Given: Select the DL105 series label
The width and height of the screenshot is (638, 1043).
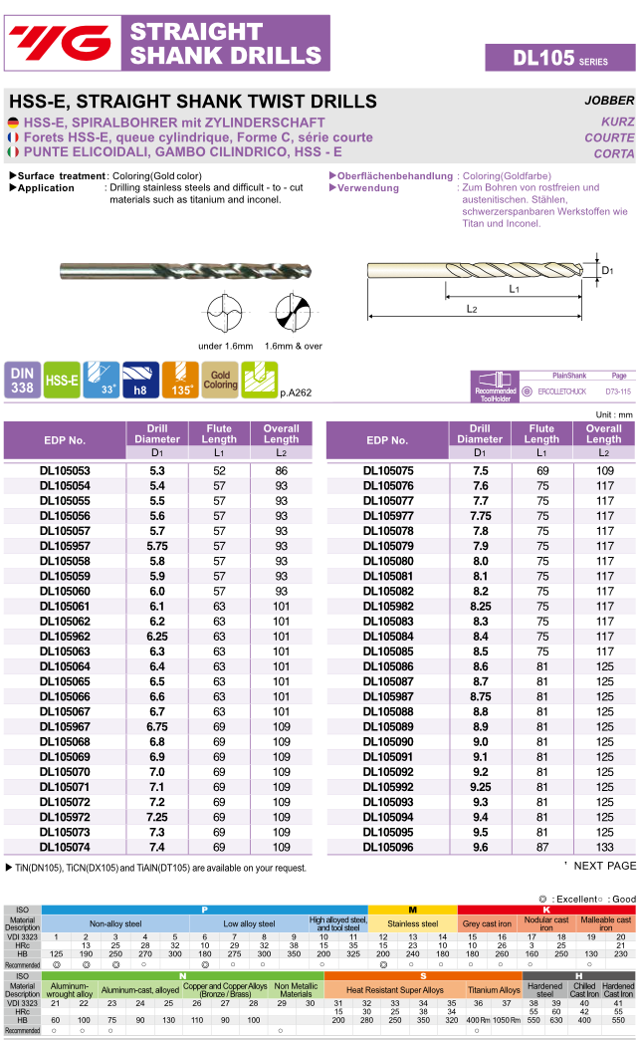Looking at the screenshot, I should pos(559,58).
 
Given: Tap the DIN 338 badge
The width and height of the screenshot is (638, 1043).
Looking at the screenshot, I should pos(22,380).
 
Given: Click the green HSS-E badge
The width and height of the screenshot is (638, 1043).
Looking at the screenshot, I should pos(62,380).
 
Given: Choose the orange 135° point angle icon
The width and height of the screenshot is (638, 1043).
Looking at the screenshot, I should pos(180,380).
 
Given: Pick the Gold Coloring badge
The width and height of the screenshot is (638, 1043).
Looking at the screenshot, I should pos(220,380).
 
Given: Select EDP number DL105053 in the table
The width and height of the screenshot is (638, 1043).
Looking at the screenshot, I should pos(65,470).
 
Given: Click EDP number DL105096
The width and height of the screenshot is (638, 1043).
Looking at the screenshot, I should pos(387,847).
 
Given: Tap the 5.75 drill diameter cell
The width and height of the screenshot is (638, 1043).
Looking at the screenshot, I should pos(157,546).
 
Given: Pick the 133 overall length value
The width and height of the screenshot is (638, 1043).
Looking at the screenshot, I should pos(604,847).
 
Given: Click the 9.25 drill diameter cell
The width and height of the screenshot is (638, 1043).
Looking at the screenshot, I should pos(480,787).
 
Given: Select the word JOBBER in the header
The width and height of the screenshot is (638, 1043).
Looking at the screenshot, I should pos(608,101).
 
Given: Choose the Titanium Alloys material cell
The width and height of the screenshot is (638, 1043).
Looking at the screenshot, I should pos(494,990).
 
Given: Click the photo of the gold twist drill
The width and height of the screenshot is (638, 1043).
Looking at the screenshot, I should pos(185,269).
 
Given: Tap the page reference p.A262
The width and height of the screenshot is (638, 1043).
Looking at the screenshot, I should pos(296,392).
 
